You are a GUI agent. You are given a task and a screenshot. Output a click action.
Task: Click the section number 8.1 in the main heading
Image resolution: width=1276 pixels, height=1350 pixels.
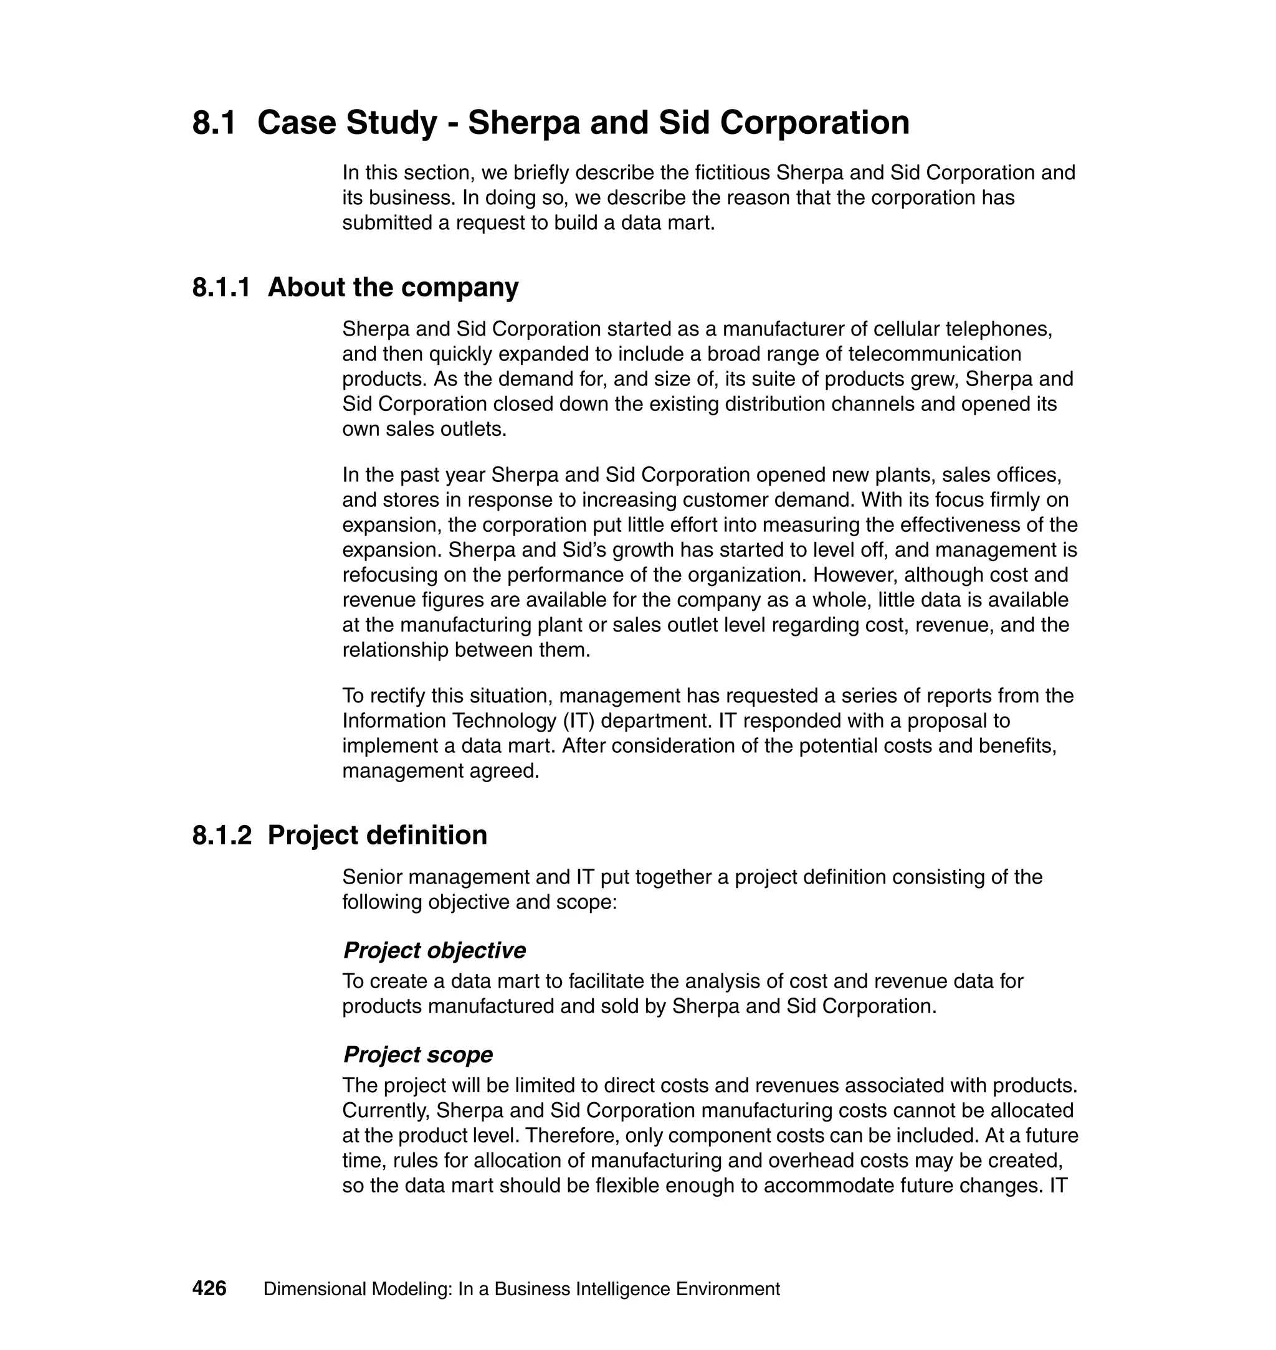214,123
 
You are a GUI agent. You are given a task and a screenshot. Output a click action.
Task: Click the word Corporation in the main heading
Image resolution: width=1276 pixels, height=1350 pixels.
814,123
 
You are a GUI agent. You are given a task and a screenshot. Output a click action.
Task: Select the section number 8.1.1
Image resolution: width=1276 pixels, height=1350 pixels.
221,287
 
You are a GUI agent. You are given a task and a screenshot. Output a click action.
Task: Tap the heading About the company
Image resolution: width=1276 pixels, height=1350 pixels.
393,287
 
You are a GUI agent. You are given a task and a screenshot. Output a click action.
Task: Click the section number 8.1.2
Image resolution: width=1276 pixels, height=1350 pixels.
222,835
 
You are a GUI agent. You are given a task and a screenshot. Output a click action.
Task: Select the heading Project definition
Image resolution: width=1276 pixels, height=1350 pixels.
377,835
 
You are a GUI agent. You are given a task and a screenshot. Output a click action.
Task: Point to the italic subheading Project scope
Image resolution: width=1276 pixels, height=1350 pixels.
417,1054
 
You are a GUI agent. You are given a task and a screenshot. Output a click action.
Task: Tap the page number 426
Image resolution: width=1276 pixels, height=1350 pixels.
209,1288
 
